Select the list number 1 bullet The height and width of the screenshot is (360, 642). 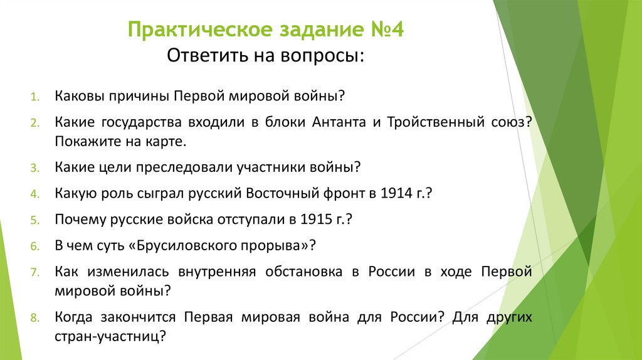tap(34, 98)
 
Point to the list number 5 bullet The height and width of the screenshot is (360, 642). tap(34, 221)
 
